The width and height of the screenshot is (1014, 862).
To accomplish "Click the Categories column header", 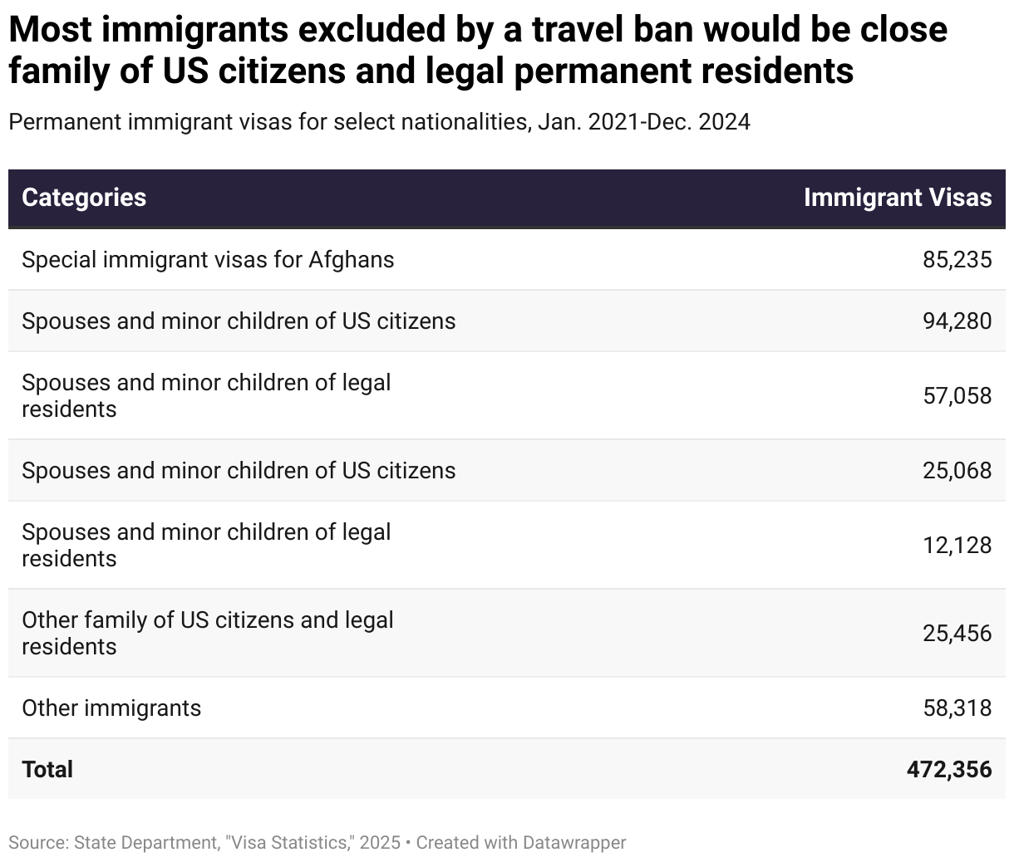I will tap(84, 198).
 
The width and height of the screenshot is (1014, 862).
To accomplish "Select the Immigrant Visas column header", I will tap(898, 198).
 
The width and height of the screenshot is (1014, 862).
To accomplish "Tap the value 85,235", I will tap(957, 260).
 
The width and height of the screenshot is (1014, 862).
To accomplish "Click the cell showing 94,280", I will tap(957, 321).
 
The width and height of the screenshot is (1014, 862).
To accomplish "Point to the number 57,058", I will tap(957, 395).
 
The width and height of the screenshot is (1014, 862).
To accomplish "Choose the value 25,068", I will tap(957, 471).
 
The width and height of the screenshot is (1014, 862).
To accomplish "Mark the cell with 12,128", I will tap(957, 545).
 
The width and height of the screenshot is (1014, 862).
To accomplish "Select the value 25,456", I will tap(957, 634).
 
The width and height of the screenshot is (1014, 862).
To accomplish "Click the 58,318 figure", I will tap(957, 708).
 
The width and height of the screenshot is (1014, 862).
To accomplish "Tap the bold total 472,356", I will tap(949, 769).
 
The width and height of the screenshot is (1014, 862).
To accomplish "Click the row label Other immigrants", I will tap(111, 708).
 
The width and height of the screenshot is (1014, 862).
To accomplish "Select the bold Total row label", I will tap(47, 769).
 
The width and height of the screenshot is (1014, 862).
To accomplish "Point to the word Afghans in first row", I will tap(352, 260).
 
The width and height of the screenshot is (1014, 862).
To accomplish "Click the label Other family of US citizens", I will tap(207, 620).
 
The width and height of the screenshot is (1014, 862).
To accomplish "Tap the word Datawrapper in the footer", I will tap(574, 842).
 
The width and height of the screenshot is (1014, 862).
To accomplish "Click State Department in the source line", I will tap(140, 842).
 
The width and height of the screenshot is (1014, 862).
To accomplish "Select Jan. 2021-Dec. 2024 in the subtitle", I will tap(644, 122).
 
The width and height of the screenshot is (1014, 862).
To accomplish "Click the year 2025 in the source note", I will tap(380, 842).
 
